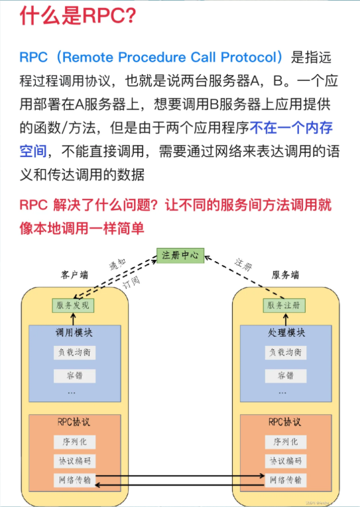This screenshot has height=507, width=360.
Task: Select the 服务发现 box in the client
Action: [74, 306]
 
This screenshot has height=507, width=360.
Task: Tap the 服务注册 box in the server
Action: [286, 306]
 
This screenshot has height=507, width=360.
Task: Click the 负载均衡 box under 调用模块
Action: [74, 353]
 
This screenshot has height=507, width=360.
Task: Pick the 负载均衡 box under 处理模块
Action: [286, 353]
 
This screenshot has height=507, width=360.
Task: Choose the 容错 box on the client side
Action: [74, 376]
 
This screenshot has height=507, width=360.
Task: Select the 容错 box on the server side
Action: [286, 376]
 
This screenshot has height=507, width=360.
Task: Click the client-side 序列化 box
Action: [74, 442]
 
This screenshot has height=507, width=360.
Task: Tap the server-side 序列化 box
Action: [286, 442]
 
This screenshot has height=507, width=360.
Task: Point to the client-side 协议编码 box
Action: [74, 461]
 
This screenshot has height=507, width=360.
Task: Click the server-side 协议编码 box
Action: [286, 461]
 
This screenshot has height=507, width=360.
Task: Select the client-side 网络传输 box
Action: [74, 480]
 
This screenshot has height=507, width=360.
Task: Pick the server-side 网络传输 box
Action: [286, 480]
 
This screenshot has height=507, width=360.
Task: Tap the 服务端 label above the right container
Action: [285, 275]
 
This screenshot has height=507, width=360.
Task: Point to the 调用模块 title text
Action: [74, 333]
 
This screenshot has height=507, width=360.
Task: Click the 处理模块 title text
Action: [286, 333]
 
